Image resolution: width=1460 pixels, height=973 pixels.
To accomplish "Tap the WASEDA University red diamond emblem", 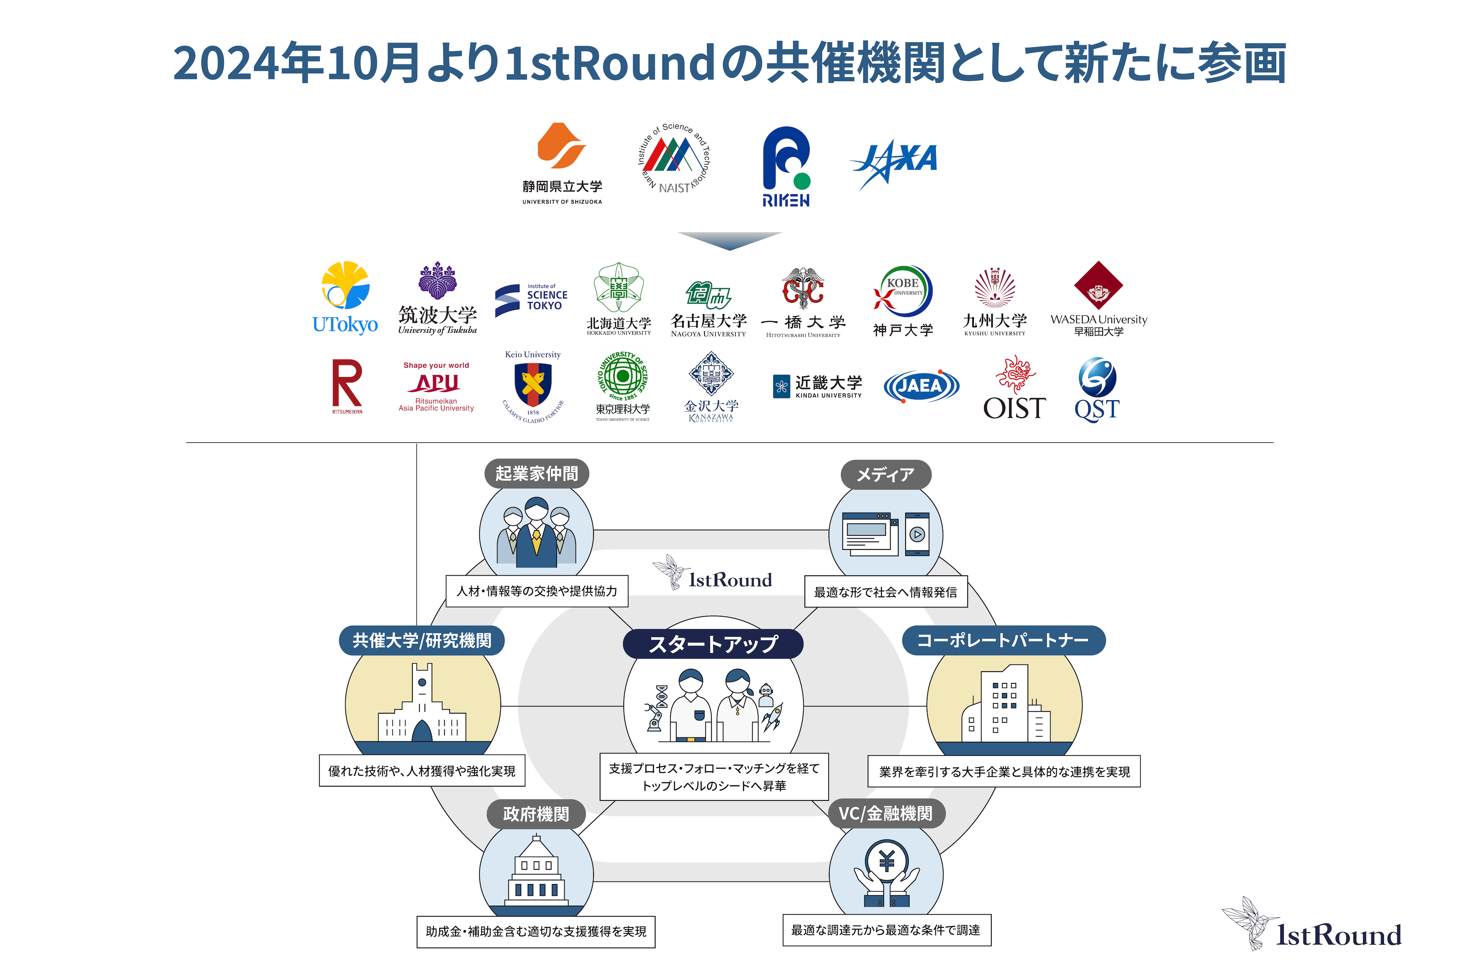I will click(1098, 285).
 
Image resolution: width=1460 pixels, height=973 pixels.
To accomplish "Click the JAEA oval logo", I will click(921, 386).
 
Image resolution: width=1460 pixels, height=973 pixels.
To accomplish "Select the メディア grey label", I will click(886, 475).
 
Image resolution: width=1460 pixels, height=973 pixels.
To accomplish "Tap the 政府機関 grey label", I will click(536, 814).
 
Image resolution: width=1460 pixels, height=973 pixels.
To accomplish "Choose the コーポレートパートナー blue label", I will click(1003, 640).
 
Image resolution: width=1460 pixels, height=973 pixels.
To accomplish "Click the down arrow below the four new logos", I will click(729, 240).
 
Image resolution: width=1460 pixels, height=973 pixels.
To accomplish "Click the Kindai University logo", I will click(818, 386).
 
